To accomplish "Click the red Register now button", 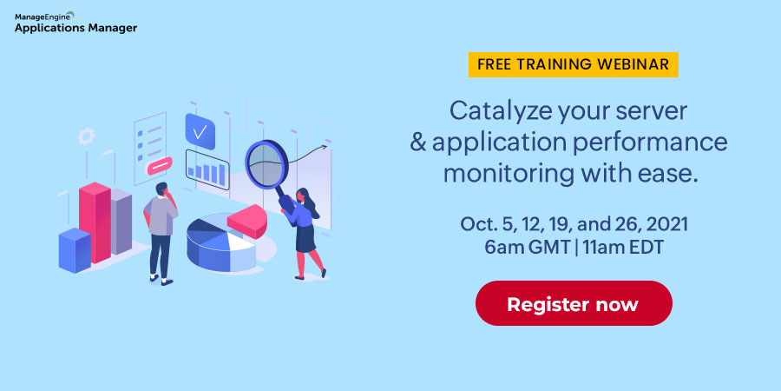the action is [x=574, y=303].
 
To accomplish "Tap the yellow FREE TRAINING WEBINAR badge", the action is [x=574, y=64].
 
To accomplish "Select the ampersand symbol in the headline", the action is [x=418, y=142].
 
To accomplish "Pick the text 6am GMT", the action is [x=527, y=248].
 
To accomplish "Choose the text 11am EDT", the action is [x=622, y=248].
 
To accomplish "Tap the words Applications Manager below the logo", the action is [x=75, y=28].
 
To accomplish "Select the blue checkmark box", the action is [x=200, y=132].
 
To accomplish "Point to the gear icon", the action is [x=86, y=136].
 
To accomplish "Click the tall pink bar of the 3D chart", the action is [x=95, y=222].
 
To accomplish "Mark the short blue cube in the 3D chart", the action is [x=75, y=250].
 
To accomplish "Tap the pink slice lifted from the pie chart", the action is [x=247, y=221].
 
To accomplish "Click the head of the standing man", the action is [x=162, y=189].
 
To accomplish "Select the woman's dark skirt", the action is [x=305, y=238].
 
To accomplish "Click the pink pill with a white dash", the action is [x=160, y=166].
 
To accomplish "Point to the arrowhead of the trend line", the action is [x=325, y=147].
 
